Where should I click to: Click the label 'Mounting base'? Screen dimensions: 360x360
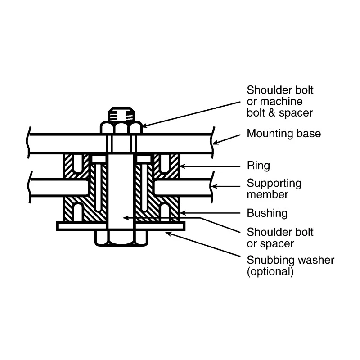(x=284, y=134)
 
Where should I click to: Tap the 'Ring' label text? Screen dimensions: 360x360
(x=258, y=166)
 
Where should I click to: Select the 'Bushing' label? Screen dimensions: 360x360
(x=267, y=213)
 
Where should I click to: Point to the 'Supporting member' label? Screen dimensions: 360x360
(x=274, y=189)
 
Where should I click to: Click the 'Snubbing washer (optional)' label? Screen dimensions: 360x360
(x=290, y=265)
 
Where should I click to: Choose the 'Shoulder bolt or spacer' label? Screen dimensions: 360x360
(x=280, y=238)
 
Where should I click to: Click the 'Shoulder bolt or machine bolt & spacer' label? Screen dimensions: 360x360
(x=280, y=101)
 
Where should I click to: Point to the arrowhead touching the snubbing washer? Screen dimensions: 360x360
(x=168, y=234)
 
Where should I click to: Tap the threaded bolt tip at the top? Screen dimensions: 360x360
(x=121, y=114)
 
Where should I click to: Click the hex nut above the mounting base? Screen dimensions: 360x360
(x=121, y=128)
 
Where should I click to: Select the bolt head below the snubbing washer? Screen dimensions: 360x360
(x=121, y=238)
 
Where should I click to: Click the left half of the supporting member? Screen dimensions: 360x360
(x=58, y=188)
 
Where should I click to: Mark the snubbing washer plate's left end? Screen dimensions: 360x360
(x=58, y=226)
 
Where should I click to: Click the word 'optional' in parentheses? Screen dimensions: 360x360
(x=270, y=271)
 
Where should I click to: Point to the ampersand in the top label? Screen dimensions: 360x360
(x=272, y=113)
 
